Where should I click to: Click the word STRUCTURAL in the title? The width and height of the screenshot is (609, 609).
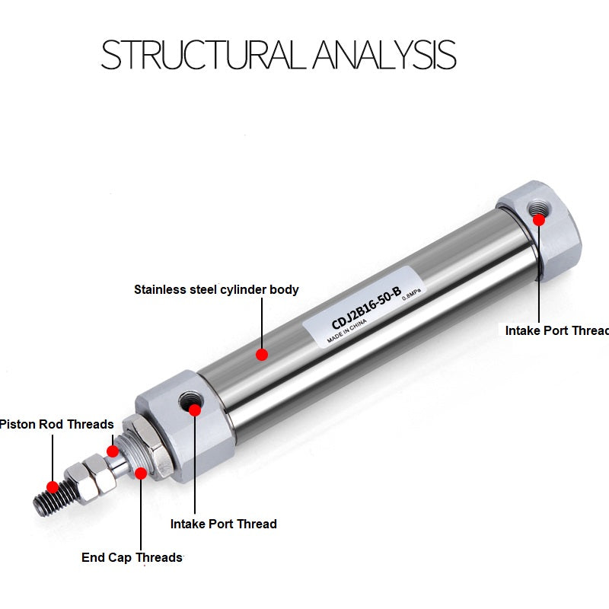(204, 55)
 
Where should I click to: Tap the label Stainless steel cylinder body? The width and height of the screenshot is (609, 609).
(216, 289)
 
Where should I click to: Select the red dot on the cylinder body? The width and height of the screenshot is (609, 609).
(262, 354)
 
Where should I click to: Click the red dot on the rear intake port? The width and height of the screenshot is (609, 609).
(539, 220)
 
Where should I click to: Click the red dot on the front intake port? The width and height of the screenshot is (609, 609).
(194, 410)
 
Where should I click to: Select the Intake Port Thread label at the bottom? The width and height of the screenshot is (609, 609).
(223, 524)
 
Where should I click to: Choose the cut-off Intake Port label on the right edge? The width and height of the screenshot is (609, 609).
(556, 330)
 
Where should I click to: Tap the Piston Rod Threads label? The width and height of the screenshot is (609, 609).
(56, 424)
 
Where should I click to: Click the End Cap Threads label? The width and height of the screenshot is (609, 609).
(132, 558)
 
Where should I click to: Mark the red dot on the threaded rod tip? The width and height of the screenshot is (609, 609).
(53, 486)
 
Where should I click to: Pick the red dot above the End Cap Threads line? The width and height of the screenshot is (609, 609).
(141, 473)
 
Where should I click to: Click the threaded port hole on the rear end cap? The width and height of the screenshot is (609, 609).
(539, 208)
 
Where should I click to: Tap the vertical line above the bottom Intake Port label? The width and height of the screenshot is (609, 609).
(194, 464)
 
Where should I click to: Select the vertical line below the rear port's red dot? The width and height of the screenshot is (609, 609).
(539, 274)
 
